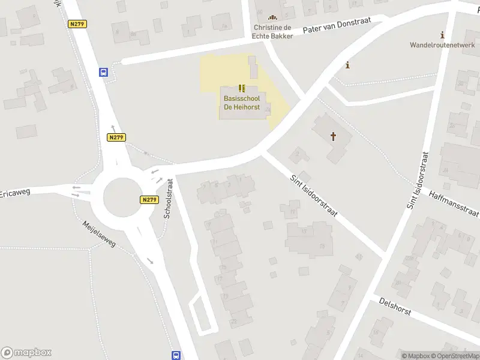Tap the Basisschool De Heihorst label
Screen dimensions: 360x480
pos(242,102)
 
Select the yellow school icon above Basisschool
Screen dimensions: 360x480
pos(242,88)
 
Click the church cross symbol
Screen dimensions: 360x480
pos(333,137)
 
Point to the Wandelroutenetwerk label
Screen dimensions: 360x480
pos(442,45)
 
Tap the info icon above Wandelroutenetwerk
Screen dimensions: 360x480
pos(443,35)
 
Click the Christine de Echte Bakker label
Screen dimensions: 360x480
pos(273,32)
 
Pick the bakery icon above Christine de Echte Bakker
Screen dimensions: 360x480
pos(274,18)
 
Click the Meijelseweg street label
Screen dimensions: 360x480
pos(100,234)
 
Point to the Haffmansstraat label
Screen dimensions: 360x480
pos(454,204)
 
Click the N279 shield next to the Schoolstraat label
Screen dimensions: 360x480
pos(149,200)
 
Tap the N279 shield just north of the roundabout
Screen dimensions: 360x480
pos(116,137)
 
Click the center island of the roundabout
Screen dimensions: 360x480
pos(124,197)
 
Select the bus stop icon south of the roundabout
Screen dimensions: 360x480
pos(176,355)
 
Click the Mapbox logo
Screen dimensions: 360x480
pos(26,353)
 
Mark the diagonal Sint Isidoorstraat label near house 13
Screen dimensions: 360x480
pos(314,196)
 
